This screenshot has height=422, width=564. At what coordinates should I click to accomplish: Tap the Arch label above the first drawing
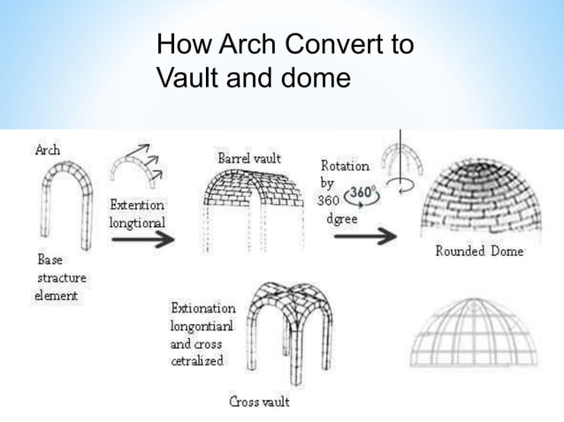(x=47, y=150)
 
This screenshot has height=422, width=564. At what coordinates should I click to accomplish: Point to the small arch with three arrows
(x=135, y=171)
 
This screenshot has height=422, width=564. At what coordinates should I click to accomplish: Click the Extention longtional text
(x=136, y=214)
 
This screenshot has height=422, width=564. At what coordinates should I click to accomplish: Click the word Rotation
(x=345, y=166)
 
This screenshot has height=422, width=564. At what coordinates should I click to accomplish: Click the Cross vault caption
(x=259, y=403)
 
